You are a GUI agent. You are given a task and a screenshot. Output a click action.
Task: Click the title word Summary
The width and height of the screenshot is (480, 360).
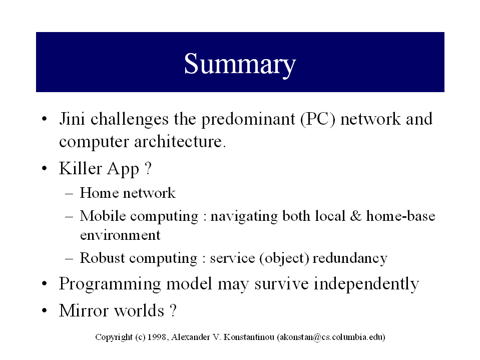240,64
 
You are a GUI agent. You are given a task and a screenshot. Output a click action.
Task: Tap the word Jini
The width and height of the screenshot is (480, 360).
72,119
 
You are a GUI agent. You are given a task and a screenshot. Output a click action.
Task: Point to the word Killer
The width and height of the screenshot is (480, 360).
80,168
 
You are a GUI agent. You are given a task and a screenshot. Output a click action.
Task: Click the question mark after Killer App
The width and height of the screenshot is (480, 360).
148,168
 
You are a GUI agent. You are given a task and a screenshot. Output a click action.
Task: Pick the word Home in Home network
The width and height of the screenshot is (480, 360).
99,193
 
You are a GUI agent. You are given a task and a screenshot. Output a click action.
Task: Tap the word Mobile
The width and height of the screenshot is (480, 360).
103,216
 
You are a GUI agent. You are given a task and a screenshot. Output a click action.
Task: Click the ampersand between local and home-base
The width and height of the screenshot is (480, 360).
355,216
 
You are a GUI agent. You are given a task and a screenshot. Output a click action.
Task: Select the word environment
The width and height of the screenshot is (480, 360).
120,235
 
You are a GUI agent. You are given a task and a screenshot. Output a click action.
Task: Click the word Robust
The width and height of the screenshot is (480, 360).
102,258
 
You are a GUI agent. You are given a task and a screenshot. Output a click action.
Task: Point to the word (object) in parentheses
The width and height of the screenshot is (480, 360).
284,258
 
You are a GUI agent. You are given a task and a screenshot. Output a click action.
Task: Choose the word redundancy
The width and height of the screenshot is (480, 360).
350,259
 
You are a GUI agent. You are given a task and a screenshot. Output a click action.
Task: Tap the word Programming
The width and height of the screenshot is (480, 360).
110,284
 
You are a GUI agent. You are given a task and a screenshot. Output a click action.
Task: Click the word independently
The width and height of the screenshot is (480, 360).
366,284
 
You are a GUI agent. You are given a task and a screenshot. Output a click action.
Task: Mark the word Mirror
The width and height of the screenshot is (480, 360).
84,310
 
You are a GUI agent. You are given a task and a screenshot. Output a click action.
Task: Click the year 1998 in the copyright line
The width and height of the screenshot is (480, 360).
157,337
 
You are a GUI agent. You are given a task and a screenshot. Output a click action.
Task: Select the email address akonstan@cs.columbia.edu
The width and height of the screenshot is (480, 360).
331,337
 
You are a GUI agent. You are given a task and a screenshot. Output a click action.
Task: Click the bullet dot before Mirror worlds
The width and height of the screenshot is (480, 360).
45,311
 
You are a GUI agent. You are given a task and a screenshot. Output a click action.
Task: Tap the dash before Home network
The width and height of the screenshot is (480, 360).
69,194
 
